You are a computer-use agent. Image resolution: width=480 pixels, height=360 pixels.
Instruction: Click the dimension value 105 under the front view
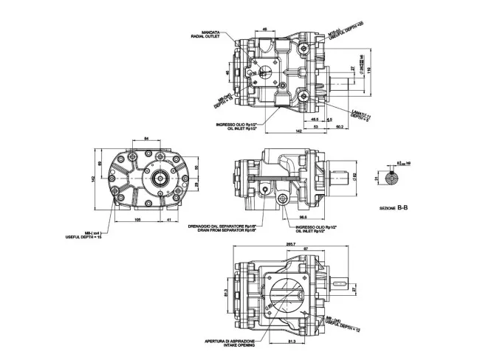coord(138,220)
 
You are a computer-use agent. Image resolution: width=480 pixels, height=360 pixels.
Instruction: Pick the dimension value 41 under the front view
coord(169,220)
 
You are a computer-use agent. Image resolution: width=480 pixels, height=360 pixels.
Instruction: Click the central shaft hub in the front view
coord(157,178)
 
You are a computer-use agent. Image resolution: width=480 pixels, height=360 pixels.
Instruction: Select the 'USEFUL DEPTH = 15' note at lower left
coord(84,237)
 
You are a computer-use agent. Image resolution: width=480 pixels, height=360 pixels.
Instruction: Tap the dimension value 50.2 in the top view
coord(339,126)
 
